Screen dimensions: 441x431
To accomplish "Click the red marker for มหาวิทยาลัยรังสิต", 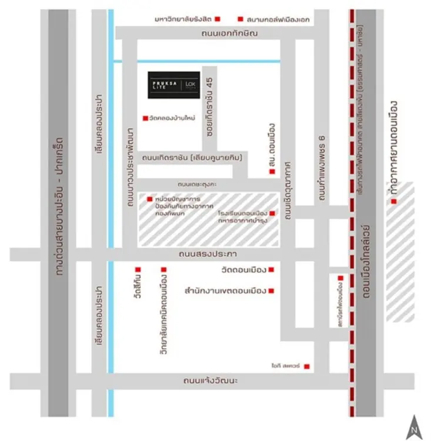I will [218, 19].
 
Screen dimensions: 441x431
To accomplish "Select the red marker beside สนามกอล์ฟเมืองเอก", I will [239, 19].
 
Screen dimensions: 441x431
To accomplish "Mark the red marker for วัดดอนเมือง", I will [272, 270].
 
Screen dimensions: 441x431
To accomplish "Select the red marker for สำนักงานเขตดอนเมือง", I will [272, 290].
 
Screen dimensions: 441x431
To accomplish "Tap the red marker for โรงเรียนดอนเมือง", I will [272, 213].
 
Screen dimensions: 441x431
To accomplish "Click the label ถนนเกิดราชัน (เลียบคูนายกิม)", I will [192, 158].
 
